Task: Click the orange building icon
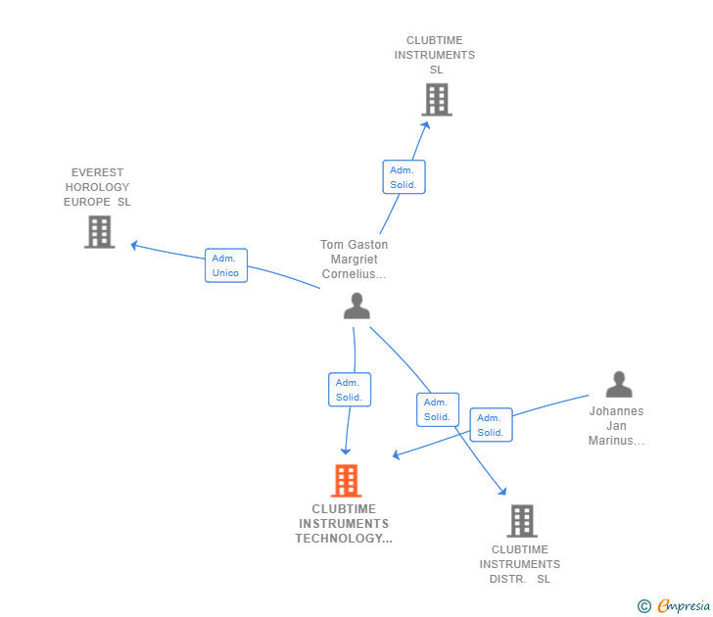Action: (346, 481)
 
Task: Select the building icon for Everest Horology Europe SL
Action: (99, 232)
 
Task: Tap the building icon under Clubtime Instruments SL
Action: (437, 99)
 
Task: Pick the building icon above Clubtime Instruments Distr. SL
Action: (522, 521)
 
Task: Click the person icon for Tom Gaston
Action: (356, 307)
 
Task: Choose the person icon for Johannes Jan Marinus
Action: (618, 384)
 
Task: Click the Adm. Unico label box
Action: (225, 265)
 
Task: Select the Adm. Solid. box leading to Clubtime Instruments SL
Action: (404, 177)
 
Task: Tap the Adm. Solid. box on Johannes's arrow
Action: (491, 425)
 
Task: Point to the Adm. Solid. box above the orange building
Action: (349, 390)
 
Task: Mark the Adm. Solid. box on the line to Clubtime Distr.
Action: (437, 409)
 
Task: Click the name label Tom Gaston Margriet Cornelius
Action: (354, 260)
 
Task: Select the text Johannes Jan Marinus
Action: (616, 426)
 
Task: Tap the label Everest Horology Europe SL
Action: (97, 187)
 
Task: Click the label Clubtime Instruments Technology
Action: (344, 524)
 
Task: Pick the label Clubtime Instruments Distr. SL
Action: (519, 564)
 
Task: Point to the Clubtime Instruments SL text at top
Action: (435, 55)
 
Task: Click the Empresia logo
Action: (684, 606)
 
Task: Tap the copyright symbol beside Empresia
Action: (644, 606)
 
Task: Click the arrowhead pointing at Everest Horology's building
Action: (135, 245)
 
